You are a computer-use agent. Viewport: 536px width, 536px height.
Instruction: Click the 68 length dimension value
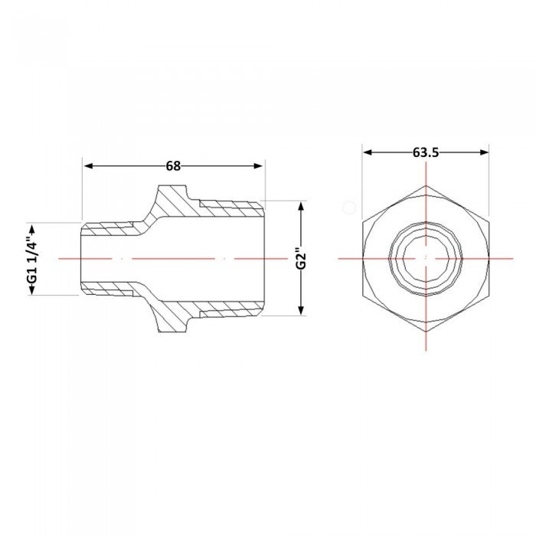173,166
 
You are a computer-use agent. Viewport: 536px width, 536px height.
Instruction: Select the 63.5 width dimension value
426,152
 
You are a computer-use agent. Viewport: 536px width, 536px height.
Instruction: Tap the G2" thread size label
300,258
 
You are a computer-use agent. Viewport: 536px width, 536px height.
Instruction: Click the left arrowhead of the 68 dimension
89,166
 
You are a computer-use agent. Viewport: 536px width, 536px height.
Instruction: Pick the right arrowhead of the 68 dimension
258,166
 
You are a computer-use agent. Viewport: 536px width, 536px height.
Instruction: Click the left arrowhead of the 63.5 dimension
368,152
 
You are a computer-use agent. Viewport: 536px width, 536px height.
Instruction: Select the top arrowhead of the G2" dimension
301,207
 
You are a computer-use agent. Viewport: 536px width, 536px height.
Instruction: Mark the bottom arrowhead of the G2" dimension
301,309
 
